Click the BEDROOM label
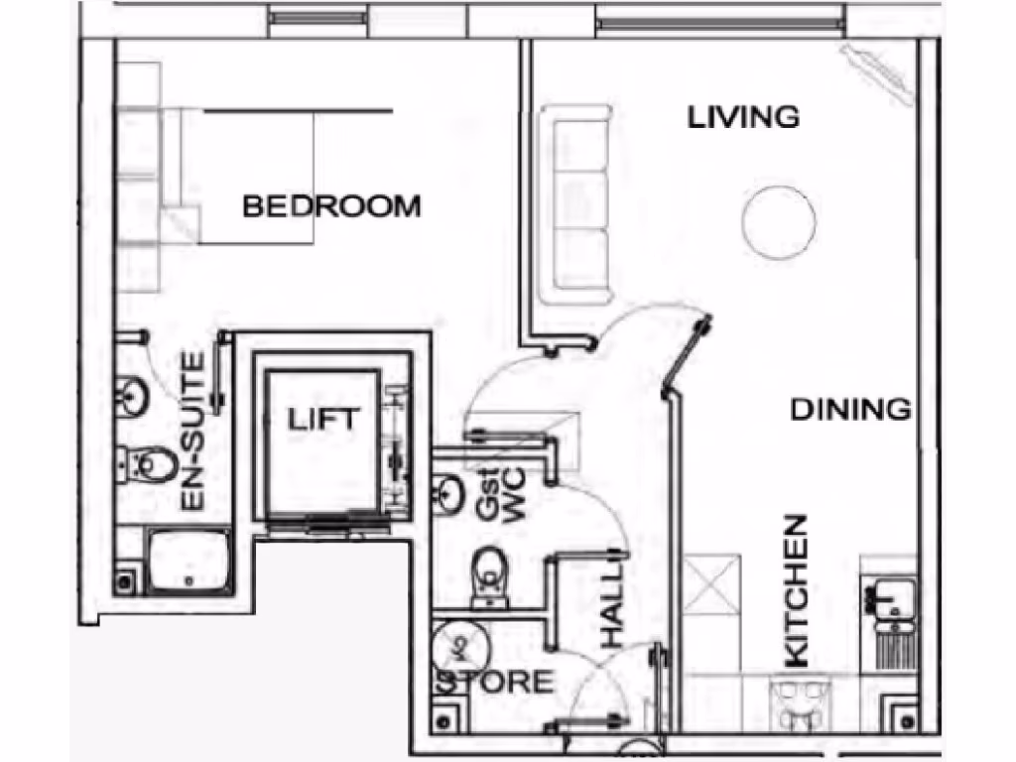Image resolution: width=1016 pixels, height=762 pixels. point(331,206)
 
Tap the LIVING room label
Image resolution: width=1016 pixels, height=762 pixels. point(744,117)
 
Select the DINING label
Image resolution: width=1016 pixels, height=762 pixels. point(850,409)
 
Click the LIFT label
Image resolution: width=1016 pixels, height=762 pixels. point(321,419)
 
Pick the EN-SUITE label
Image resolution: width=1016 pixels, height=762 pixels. point(193,433)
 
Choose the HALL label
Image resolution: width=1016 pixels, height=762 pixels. point(613,606)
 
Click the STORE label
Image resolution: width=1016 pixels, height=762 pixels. point(496,683)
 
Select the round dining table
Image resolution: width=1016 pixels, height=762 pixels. point(779,221)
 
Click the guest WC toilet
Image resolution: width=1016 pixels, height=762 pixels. point(488,572)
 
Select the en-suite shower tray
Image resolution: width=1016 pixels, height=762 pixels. point(189,561)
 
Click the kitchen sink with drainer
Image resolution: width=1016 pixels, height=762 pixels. point(897,619)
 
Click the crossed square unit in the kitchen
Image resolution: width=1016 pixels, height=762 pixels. point(712,584)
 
